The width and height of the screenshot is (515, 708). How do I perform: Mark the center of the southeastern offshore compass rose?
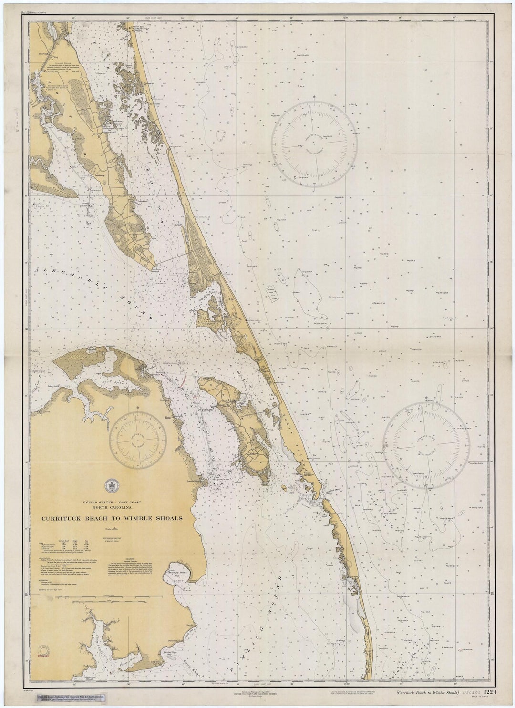coord(427,445)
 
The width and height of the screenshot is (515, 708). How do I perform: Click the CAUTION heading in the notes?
coord(131,559)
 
